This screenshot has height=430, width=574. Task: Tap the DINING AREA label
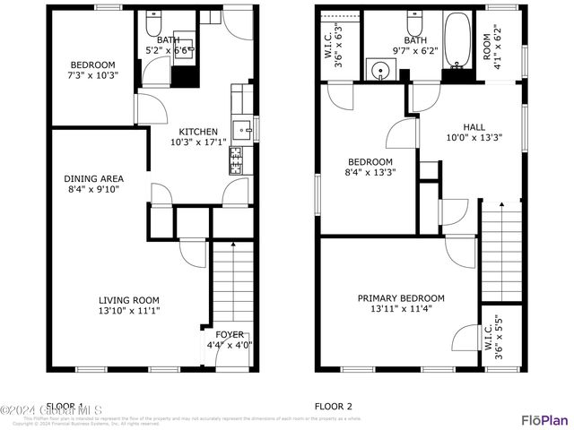pos(94,178)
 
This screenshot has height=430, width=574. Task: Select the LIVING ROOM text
pos(129,300)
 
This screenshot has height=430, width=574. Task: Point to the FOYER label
pos(230,334)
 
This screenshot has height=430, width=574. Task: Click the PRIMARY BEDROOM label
pos(401,298)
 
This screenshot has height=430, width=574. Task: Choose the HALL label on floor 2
pos(474,126)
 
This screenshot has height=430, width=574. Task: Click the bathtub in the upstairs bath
pos(457,42)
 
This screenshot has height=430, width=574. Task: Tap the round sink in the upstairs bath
pos(378,69)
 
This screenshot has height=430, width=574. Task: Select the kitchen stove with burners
pos(238,161)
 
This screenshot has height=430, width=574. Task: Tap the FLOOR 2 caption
pos(333,406)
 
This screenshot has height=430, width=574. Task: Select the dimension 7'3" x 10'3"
pos(94,75)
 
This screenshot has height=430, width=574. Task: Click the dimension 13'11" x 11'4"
pos(401,309)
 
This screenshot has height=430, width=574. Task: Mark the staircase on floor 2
pos(501,251)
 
